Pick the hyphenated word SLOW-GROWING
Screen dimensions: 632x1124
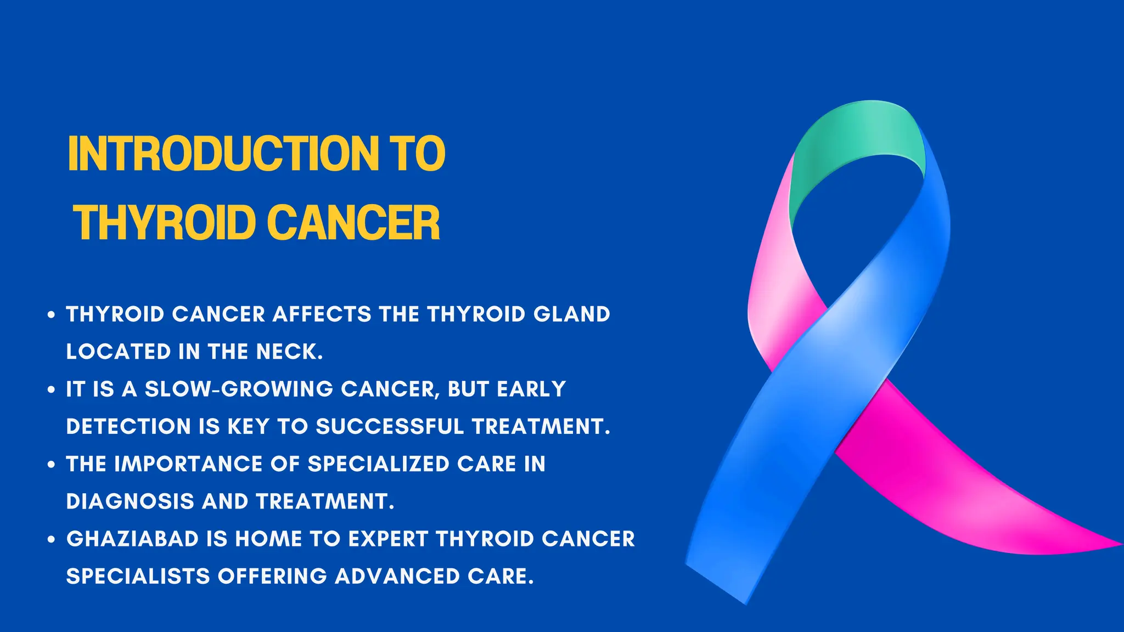point(239,390)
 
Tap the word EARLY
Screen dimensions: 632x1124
point(531,390)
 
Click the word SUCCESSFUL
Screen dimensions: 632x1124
point(390,427)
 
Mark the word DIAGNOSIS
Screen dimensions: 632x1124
point(130,501)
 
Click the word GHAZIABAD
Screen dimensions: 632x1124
point(132,539)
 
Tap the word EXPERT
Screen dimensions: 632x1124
point(388,539)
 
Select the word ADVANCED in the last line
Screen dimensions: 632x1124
point(397,577)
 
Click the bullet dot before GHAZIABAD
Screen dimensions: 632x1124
point(52,540)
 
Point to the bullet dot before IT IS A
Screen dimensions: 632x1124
point(52,390)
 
